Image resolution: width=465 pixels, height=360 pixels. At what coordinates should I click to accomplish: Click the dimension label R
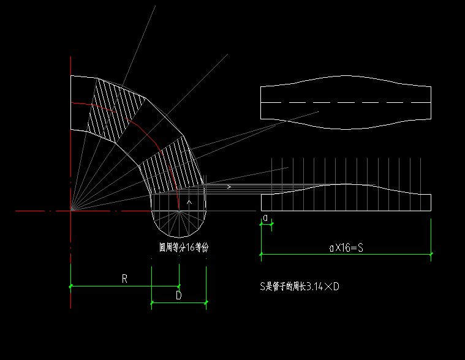tap(124, 279)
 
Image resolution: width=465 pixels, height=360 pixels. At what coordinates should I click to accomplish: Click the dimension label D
tap(178, 296)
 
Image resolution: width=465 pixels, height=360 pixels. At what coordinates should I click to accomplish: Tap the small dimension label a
tap(265, 218)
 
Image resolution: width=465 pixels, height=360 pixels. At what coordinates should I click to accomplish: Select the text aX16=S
tap(346, 248)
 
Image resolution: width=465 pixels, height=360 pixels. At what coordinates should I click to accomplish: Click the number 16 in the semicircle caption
tap(192, 248)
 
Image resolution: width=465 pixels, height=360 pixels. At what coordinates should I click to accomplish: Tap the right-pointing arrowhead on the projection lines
tap(229, 187)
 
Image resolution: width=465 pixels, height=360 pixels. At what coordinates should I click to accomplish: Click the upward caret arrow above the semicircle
tap(189, 201)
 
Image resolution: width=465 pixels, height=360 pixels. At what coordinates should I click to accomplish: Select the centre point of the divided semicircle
tap(179, 211)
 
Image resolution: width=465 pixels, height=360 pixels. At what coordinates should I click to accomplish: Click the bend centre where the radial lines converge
tap(71, 211)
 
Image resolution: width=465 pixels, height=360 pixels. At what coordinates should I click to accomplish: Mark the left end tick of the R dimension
tap(71, 286)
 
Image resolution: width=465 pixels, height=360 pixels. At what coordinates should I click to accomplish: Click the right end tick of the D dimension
tap(206, 302)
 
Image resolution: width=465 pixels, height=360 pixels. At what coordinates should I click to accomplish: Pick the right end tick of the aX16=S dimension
tap(431, 253)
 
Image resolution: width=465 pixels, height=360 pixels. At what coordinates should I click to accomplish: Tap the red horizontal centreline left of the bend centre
tap(37, 211)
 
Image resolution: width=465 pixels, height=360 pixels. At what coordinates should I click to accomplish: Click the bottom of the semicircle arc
tap(179, 238)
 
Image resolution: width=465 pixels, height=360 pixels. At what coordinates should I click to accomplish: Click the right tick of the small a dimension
tap(271, 225)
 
